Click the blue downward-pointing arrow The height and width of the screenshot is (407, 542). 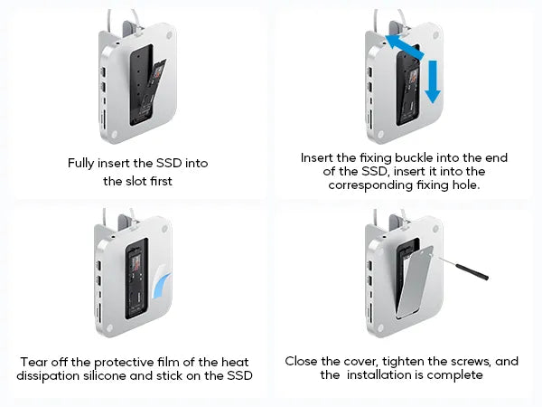click(x=433, y=80)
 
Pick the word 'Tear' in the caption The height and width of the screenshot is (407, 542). click(x=33, y=361)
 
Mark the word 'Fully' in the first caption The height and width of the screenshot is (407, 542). click(x=83, y=164)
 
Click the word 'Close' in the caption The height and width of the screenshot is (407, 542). click(x=304, y=361)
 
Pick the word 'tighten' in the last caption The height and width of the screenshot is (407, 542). click(x=391, y=361)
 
